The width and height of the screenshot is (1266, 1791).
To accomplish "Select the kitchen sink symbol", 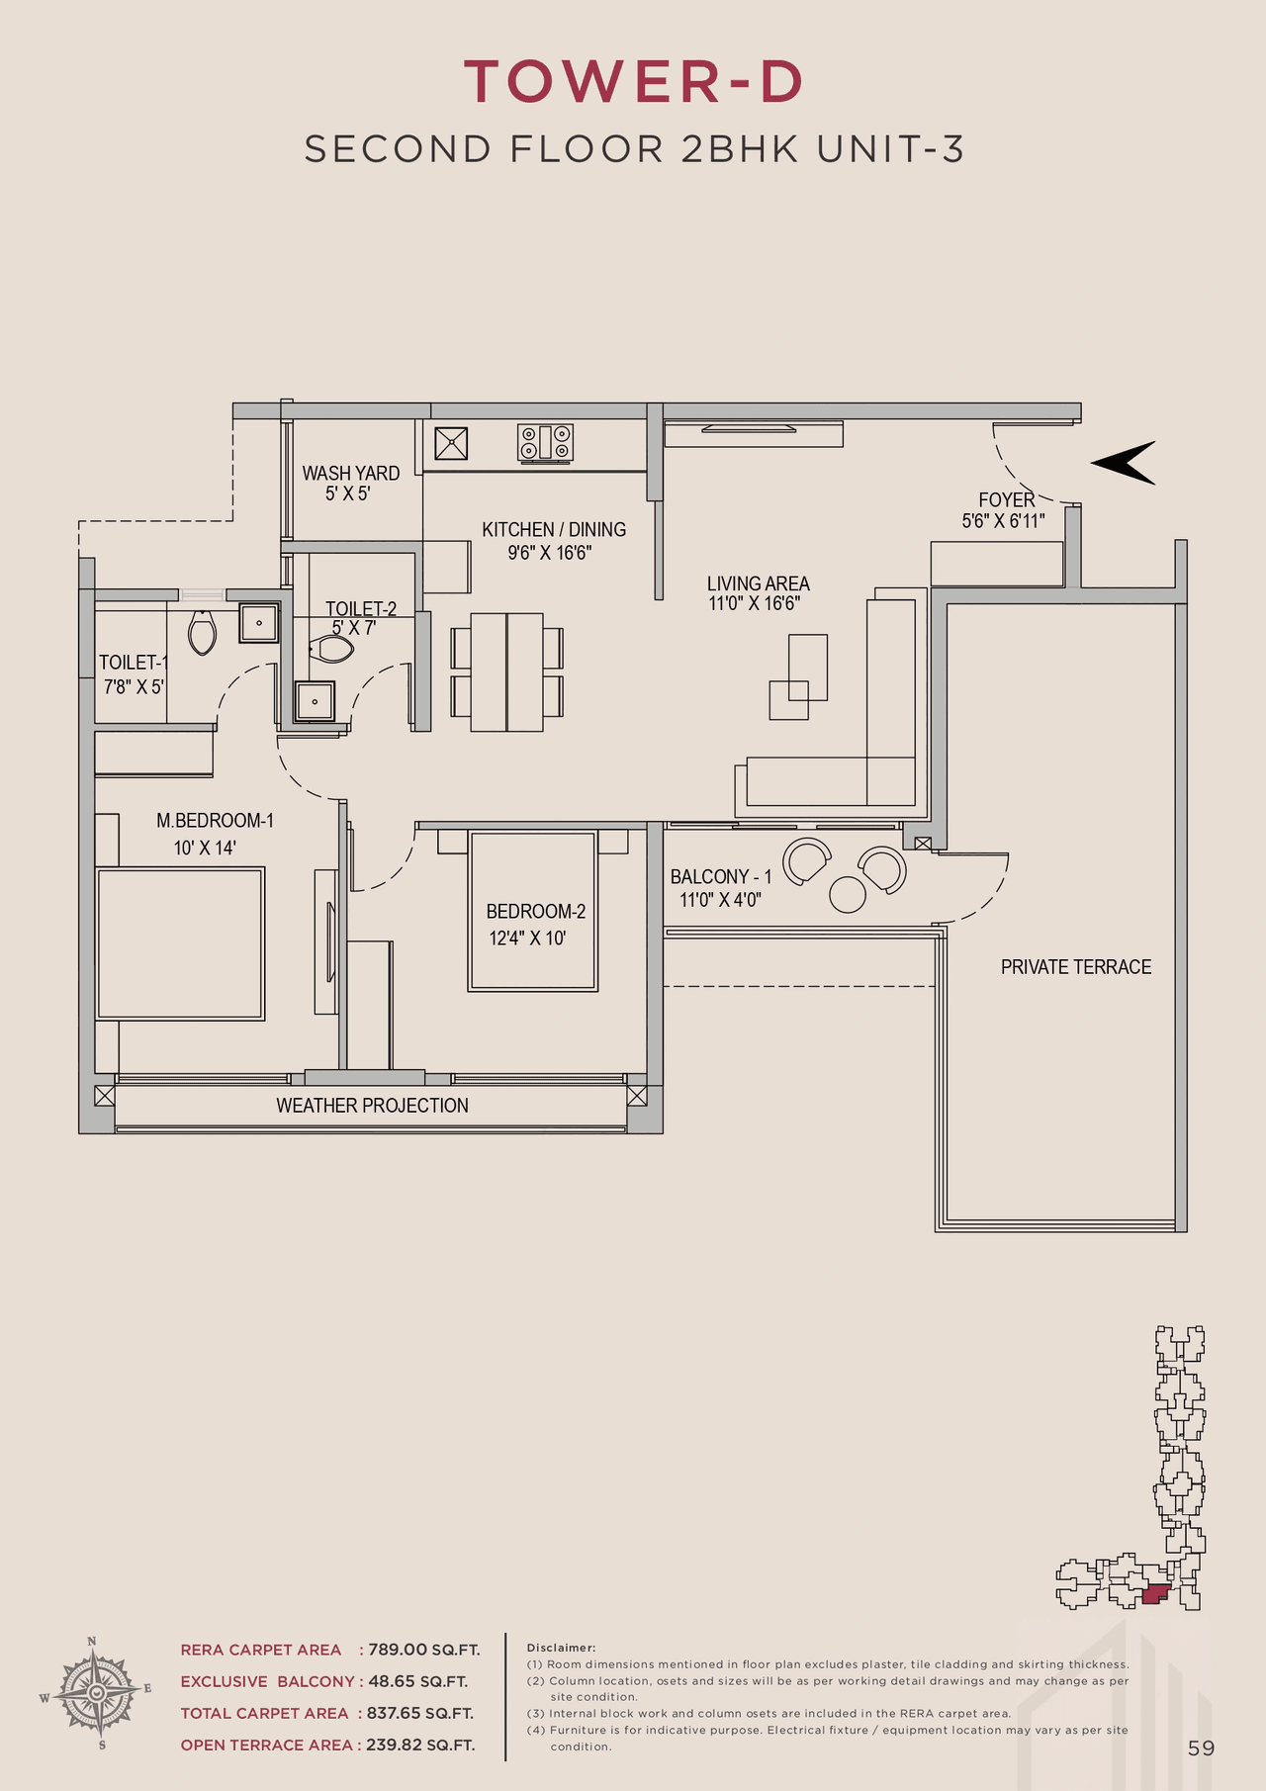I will pyautogui.click(x=452, y=442).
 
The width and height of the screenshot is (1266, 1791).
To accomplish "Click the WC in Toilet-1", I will pyautogui.click(x=203, y=632).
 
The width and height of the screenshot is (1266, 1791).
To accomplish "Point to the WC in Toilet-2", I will pyautogui.click(x=331, y=650).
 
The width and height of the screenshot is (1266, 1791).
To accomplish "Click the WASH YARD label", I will pyautogui.click(x=350, y=474).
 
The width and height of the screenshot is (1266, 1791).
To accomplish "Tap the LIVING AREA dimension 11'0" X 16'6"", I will pyautogui.click(x=754, y=603).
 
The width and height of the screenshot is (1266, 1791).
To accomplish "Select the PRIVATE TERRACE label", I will pyautogui.click(x=1075, y=967).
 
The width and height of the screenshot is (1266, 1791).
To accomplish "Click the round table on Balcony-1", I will pyautogui.click(x=848, y=894).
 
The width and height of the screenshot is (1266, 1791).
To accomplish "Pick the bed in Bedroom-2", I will pyautogui.click(x=533, y=911).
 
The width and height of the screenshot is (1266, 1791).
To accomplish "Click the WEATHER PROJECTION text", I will pyautogui.click(x=372, y=1106).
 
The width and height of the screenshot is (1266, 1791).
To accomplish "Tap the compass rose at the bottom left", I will pyautogui.click(x=96, y=1693).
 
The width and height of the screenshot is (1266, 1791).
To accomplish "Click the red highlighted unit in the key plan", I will pyautogui.click(x=1154, y=1593).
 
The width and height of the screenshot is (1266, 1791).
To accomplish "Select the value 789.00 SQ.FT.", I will pyautogui.click(x=423, y=1650).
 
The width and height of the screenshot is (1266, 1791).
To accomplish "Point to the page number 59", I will pyautogui.click(x=1201, y=1748).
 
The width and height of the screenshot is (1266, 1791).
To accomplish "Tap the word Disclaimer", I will pyautogui.click(x=561, y=1648).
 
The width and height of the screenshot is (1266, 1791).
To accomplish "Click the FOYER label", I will pyautogui.click(x=1006, y=500).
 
